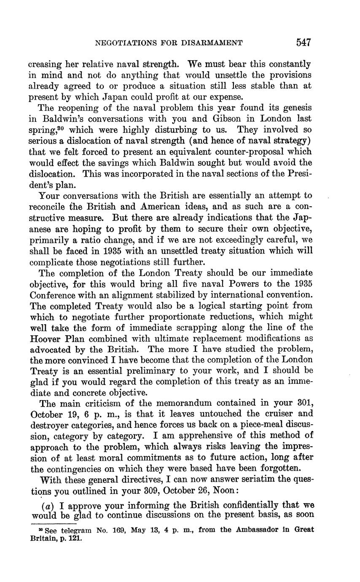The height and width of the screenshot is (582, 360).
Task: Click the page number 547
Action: pos(303,43)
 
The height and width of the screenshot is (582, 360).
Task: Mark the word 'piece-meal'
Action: pos(252,425)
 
